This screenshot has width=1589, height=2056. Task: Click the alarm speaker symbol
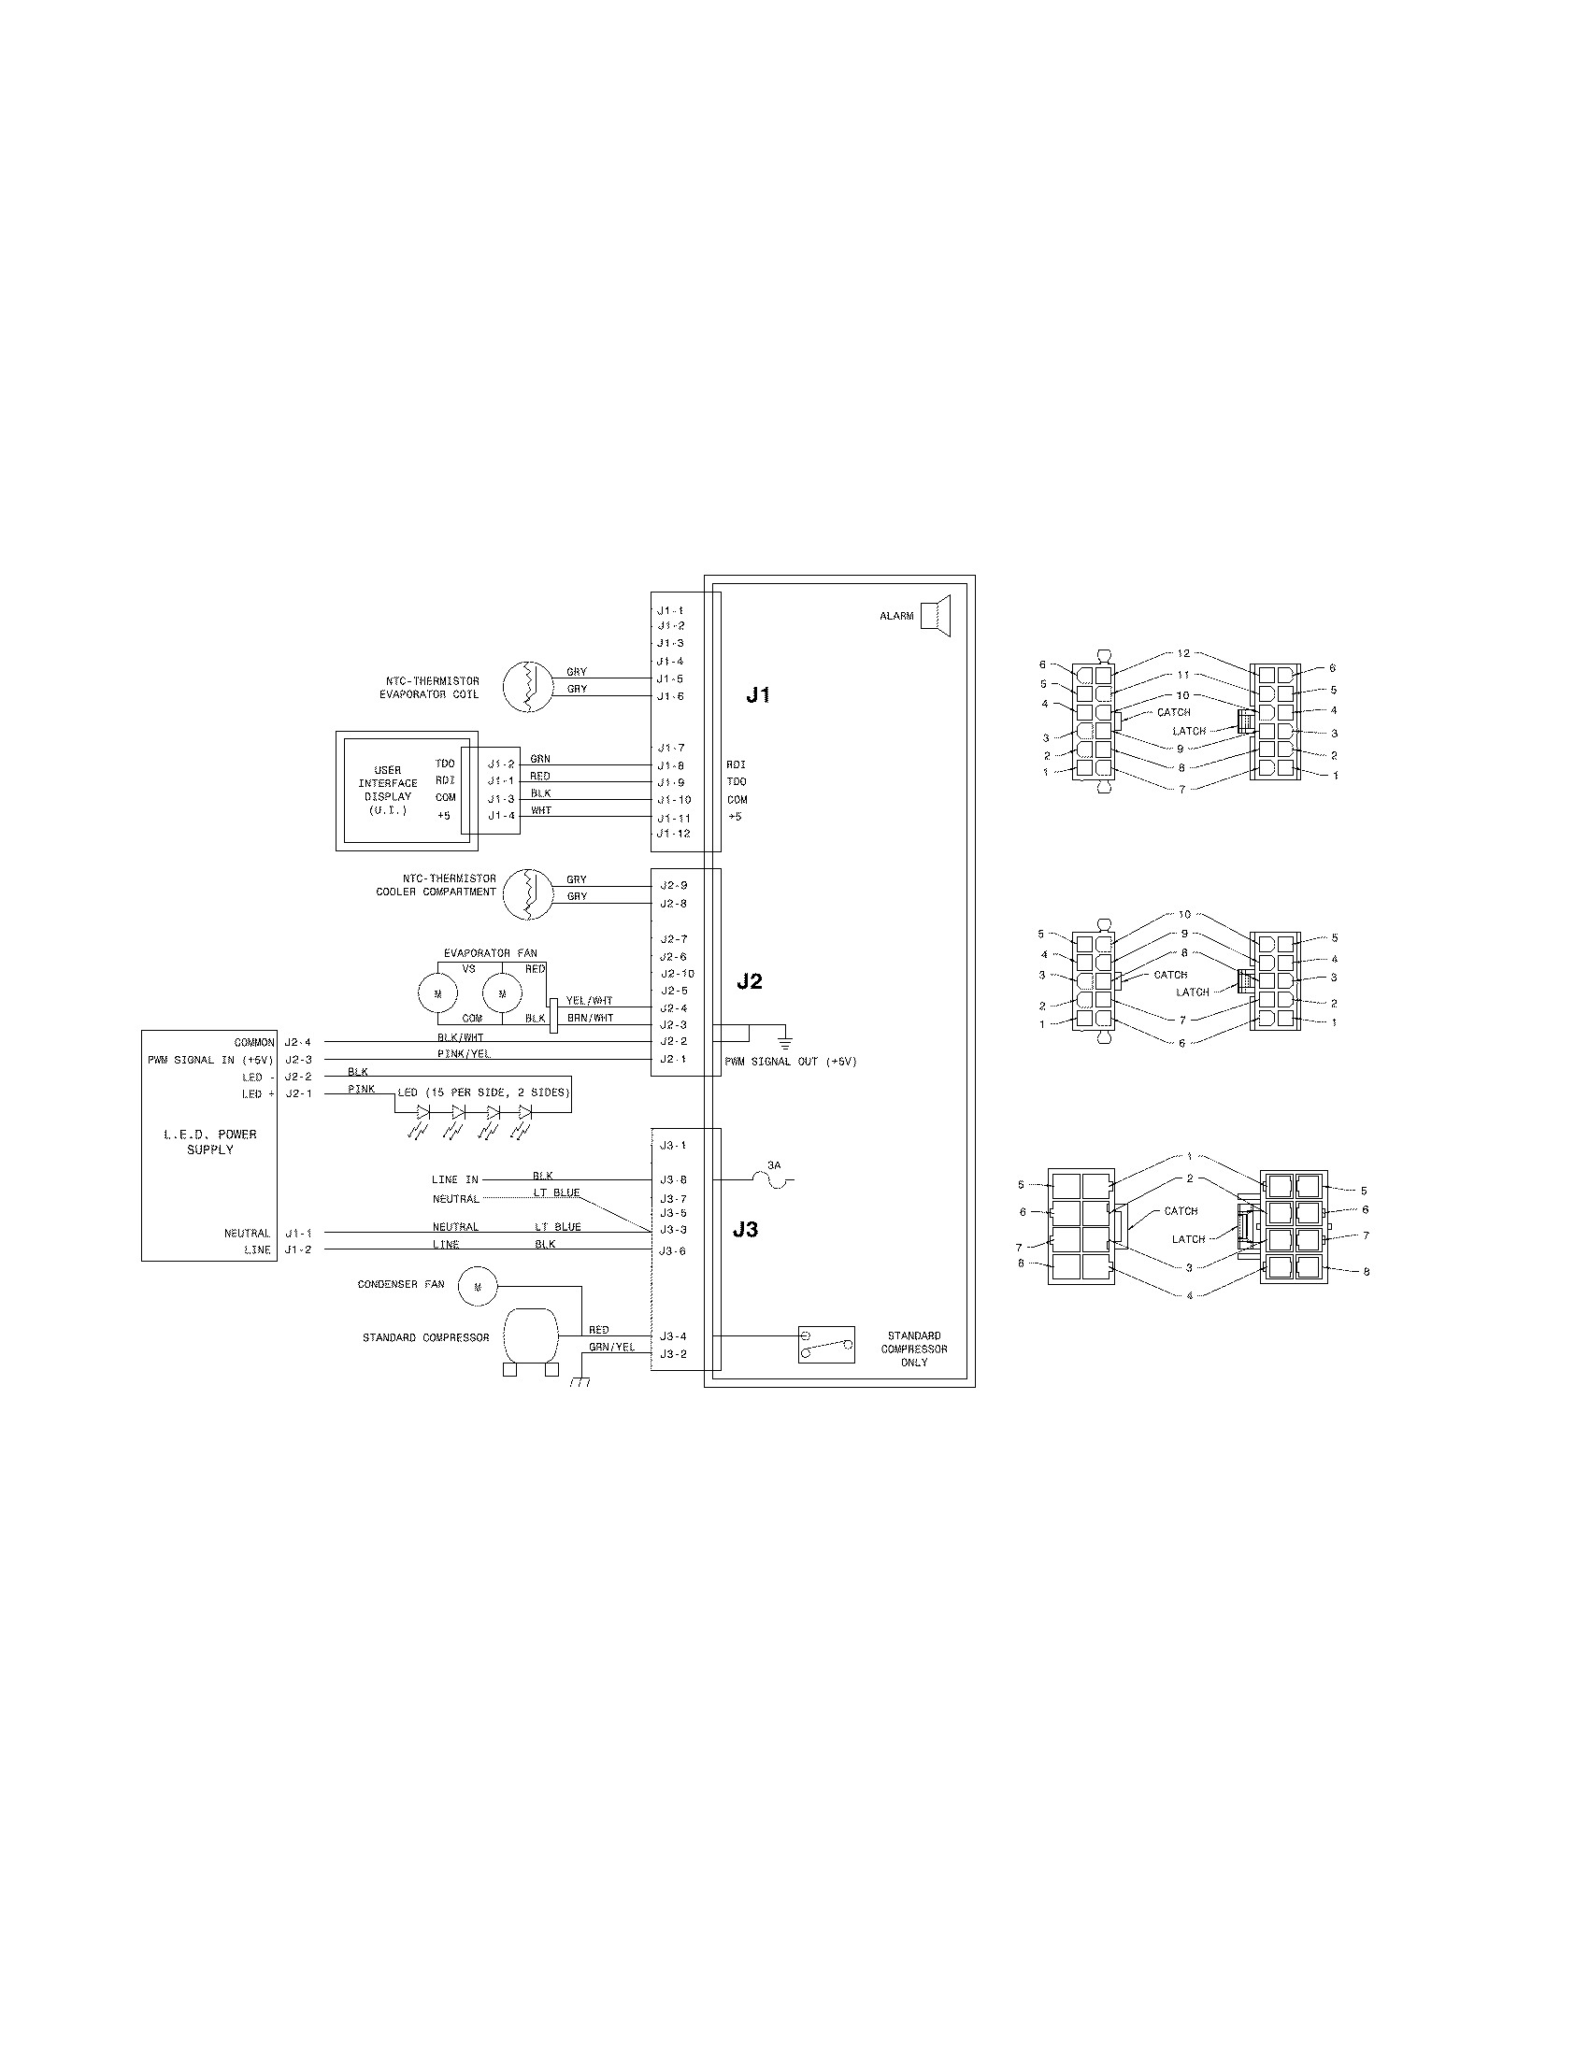click(936, 616)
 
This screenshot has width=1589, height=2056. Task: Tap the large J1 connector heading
click(759, 694)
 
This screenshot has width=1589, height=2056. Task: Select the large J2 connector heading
click(750, 981)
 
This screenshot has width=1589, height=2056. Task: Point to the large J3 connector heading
click(745, 1230)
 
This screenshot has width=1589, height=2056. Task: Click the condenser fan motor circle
click(478, 1286)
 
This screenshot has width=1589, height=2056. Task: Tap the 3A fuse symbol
click(774, 1179)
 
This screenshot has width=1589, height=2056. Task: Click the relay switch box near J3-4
click(826, 1345)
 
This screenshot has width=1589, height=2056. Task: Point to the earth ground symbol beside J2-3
click(784, 1041)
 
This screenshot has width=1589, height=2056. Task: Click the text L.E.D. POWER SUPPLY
click(210, 1142)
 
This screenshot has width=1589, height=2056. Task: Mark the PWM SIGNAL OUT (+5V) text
click(790, 1062)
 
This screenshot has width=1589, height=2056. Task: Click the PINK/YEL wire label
click(463, 1053)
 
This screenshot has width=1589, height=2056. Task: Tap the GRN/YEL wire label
click(612, 1347)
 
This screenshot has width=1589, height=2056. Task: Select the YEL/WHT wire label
click(589, 1001)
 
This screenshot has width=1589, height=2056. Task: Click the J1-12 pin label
click(674, 833)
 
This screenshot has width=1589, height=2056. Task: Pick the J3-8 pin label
click(673, 1179)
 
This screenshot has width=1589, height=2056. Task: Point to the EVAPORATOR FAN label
click(491, 952)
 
